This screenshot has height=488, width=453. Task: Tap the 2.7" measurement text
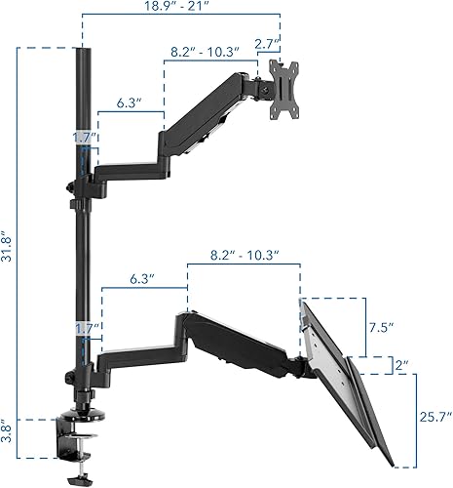pos(265,44)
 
